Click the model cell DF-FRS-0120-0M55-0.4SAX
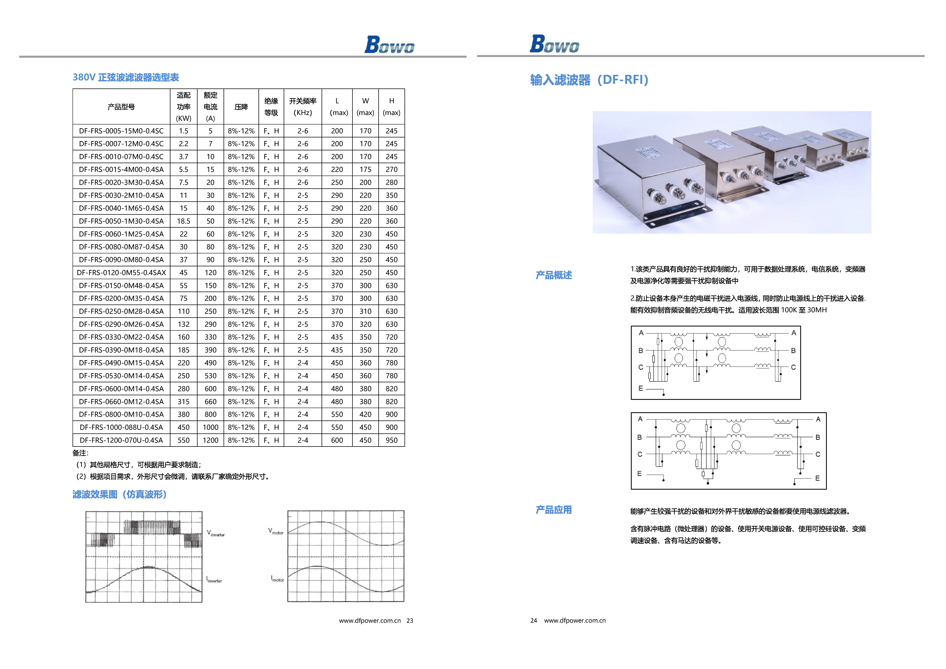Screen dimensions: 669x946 [121, 272]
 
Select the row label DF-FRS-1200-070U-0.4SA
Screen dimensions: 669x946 [121, 440]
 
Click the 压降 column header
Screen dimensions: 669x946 [241, 107]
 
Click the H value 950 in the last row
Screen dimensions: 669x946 [391, 440]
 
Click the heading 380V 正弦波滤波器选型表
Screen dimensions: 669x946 [126, 78]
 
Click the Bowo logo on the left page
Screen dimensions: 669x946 [389, 45]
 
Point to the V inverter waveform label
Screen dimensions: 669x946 [215, 533]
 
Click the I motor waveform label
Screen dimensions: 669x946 [277, 579]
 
